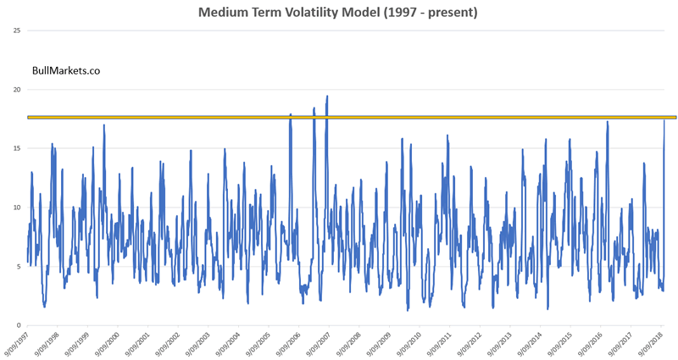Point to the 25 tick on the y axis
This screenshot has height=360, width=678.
[x=16, y=30]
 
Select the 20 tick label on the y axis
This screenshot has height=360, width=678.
[x=16, y=89]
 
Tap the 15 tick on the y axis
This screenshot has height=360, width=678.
[x=16, y=148]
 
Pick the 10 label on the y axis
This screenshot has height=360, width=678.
[x=16, y=208]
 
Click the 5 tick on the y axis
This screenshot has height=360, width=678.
[x=18, y=267]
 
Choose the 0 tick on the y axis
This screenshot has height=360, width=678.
[x=18, y=325]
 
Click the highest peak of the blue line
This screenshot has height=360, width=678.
[x=327, y=97]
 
